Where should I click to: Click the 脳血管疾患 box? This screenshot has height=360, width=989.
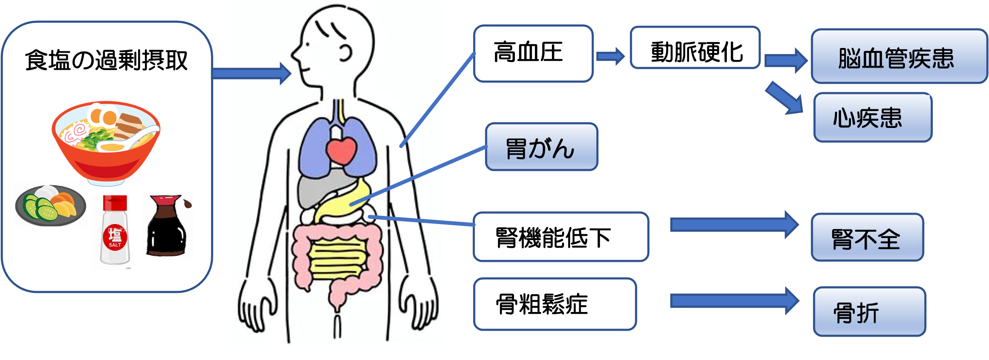pos(899,57)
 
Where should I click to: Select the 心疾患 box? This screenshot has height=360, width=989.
pos(873,117)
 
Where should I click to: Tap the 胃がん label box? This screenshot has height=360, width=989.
pos(541,147)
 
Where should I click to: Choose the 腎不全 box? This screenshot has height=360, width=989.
pos(867,238)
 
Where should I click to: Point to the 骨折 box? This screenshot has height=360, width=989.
pos(869,312)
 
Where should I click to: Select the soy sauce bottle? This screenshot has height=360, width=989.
pos(167,227)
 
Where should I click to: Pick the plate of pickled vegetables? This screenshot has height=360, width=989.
pos(50,205)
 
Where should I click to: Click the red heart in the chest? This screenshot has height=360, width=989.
pos(341,151)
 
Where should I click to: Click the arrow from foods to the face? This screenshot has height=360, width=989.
pos(251,74)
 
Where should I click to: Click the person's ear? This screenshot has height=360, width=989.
pos(346,53)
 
